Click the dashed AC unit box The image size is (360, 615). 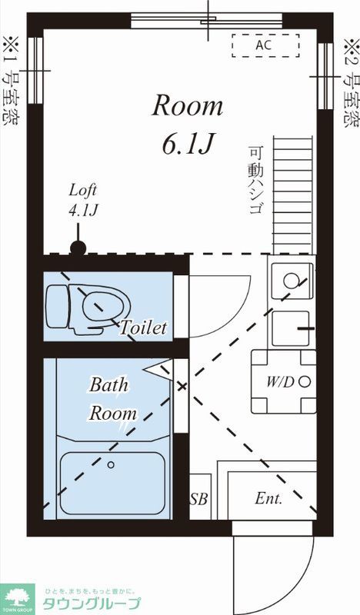click(x=265, y=45)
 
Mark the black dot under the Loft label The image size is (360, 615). click(x=78, y=248)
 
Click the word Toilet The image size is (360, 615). click(x=143, y=327)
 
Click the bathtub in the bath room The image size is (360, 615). click(x=112, y=483)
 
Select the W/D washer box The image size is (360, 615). click(x=284, y=381)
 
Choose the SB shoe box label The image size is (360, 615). click(x=198, y=498)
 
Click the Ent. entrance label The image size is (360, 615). click(x=268, y=498)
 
